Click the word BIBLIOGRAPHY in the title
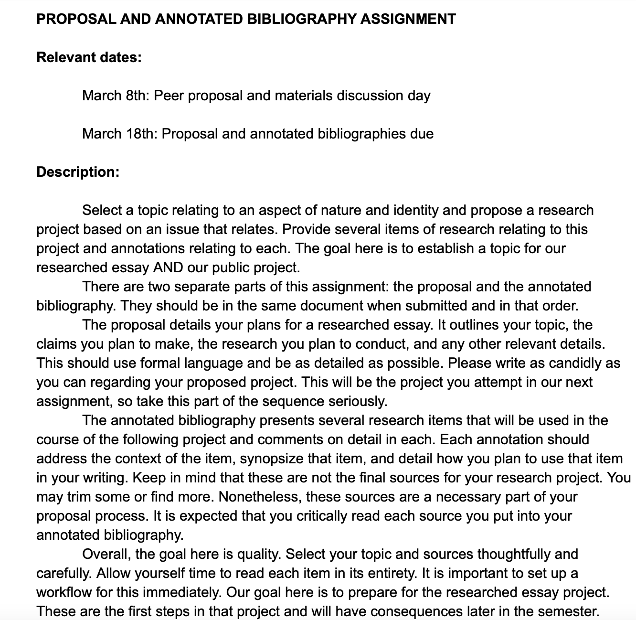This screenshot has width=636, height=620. point(302,19)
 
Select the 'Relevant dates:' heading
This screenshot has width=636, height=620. point(89,57)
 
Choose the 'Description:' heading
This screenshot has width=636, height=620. point(78,172)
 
